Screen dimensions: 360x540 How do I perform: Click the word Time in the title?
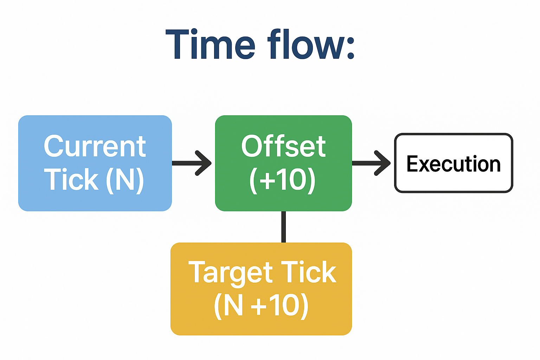(210, 45)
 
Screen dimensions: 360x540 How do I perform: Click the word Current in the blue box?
(95, 147)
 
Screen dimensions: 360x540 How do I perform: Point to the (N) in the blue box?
(125, 180)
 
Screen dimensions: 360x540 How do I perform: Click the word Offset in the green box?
(283, 147)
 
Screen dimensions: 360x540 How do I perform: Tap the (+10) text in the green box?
(282, 180)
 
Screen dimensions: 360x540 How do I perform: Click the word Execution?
(454, 164)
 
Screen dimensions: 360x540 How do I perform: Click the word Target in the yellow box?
(231, 272)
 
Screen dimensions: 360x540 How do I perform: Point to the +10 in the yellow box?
(275, 305)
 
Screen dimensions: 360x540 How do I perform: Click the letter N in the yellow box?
(233, 305)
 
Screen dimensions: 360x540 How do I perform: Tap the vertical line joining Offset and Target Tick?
(283, 227)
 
